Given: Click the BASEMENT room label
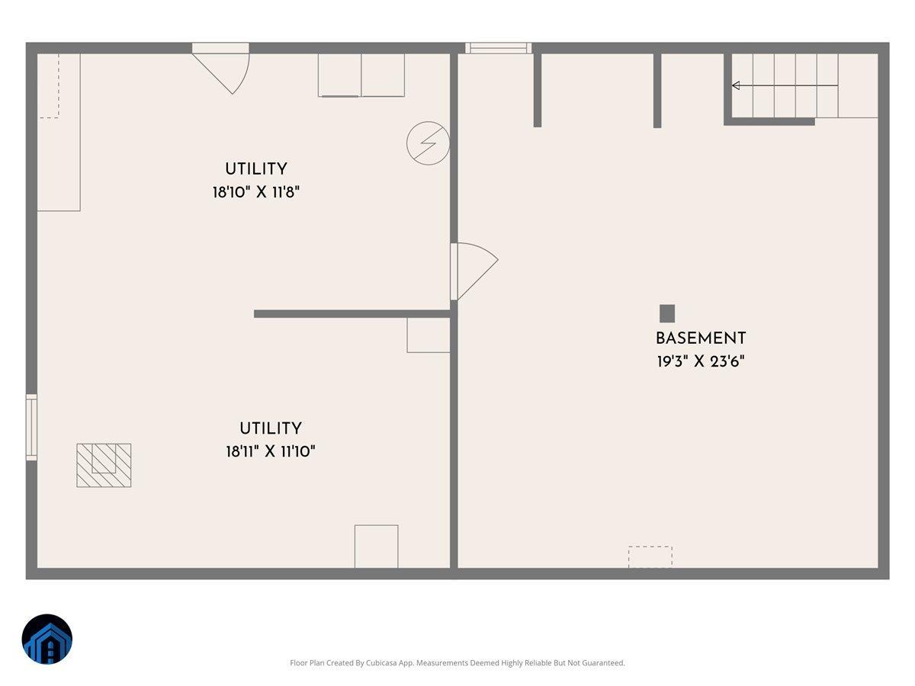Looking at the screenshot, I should (700, 338).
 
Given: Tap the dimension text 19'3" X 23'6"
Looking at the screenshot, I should (700, 361).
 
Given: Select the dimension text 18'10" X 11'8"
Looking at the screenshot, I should (256, 192).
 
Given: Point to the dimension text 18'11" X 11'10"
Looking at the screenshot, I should (271, 451).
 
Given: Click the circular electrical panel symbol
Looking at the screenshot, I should (428, 143).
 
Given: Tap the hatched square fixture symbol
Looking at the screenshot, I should (104, 465).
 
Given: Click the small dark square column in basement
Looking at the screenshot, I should (667, 313).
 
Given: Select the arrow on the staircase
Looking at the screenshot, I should (737, 85).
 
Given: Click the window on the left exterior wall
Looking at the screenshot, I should (31, 427).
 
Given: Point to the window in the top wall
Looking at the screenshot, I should (499, 48).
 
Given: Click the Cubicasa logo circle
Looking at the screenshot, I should (47, 639).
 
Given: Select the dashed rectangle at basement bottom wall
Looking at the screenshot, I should (650, 556).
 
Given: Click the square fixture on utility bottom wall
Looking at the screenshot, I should (376, 546).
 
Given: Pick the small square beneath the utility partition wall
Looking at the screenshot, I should (428, 335).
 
